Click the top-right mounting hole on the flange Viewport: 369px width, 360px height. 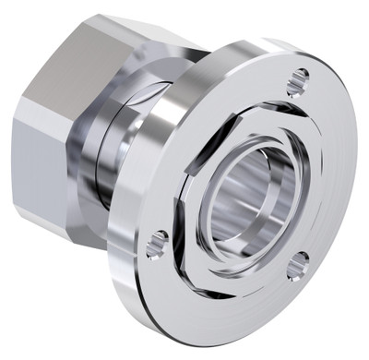click(296, 81)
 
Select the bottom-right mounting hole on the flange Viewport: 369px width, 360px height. click(296, 268)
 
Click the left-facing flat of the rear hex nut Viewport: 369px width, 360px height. click(37, 157)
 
